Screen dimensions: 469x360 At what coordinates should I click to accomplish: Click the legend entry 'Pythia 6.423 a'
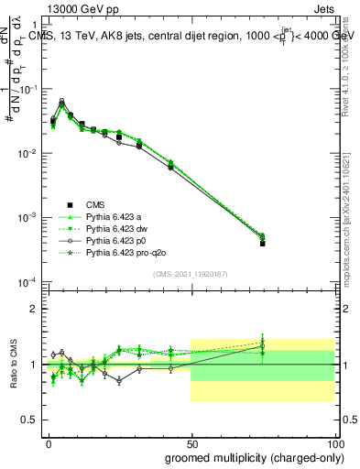[114, 215]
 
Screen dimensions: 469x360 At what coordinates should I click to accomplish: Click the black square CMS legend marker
[68, 204]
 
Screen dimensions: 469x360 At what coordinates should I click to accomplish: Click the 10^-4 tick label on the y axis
[29, 281]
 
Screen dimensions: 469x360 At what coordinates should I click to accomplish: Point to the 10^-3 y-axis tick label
[29, 217]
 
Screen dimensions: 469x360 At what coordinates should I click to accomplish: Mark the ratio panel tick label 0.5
[29, 420]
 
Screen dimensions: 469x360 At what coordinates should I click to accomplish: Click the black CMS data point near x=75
[262, 244]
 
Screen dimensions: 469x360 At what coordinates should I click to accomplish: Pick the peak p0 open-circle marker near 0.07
[61, 101]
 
